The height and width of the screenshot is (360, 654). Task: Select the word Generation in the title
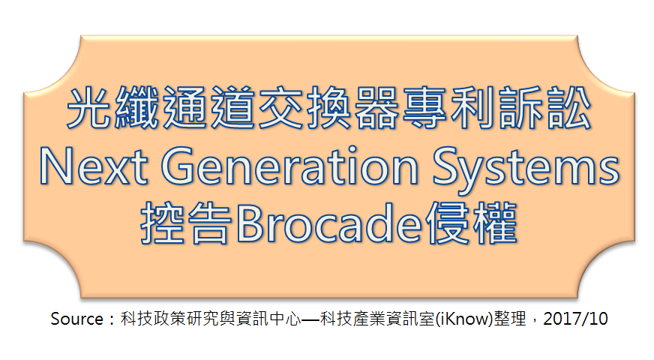[289, 166]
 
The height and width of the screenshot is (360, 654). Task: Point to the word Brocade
[329, 223]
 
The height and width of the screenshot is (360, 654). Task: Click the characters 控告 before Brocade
[186, 223]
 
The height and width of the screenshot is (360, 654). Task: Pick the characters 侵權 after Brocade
[471, 223]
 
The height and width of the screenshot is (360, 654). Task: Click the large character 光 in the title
[89, 107]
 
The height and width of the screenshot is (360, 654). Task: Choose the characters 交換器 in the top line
[328, 107]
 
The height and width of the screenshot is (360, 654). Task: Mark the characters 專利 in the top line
[447, 107]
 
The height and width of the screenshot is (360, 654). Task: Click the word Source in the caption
[76, 319]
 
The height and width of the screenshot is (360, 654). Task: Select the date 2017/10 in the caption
[575, 319]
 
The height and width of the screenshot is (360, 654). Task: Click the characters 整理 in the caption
[510, 319]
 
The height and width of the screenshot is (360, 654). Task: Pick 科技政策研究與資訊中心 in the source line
[211, 319]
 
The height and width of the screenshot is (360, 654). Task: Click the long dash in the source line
[310, 319]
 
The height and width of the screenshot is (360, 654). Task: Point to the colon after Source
[112, 320]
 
